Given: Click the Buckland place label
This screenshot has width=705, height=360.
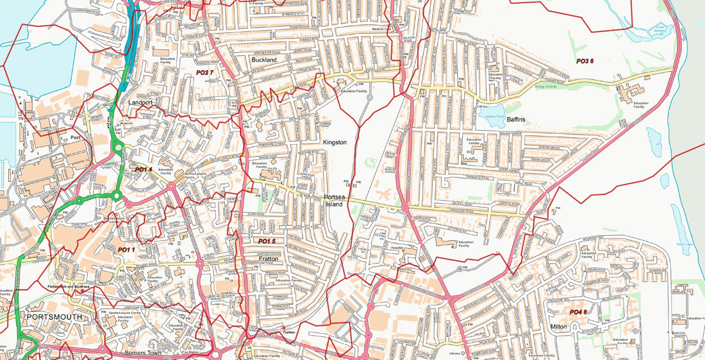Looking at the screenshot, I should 264,60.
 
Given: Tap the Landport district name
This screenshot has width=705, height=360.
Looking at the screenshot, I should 140,102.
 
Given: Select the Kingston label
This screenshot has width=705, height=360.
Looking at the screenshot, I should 335,142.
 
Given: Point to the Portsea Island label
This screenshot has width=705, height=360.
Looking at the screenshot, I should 335,200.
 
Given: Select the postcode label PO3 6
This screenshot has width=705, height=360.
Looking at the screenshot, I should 585,61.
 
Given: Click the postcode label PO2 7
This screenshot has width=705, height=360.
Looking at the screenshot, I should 204,73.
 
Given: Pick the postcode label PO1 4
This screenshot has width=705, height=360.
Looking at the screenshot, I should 144,170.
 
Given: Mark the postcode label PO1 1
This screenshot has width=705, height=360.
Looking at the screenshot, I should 126,249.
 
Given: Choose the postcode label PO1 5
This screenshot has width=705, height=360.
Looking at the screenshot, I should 267,241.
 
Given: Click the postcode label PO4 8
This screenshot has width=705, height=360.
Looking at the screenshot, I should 577,312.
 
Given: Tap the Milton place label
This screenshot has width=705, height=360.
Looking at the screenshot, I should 559,326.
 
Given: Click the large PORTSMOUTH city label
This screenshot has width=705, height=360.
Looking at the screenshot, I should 54,317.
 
